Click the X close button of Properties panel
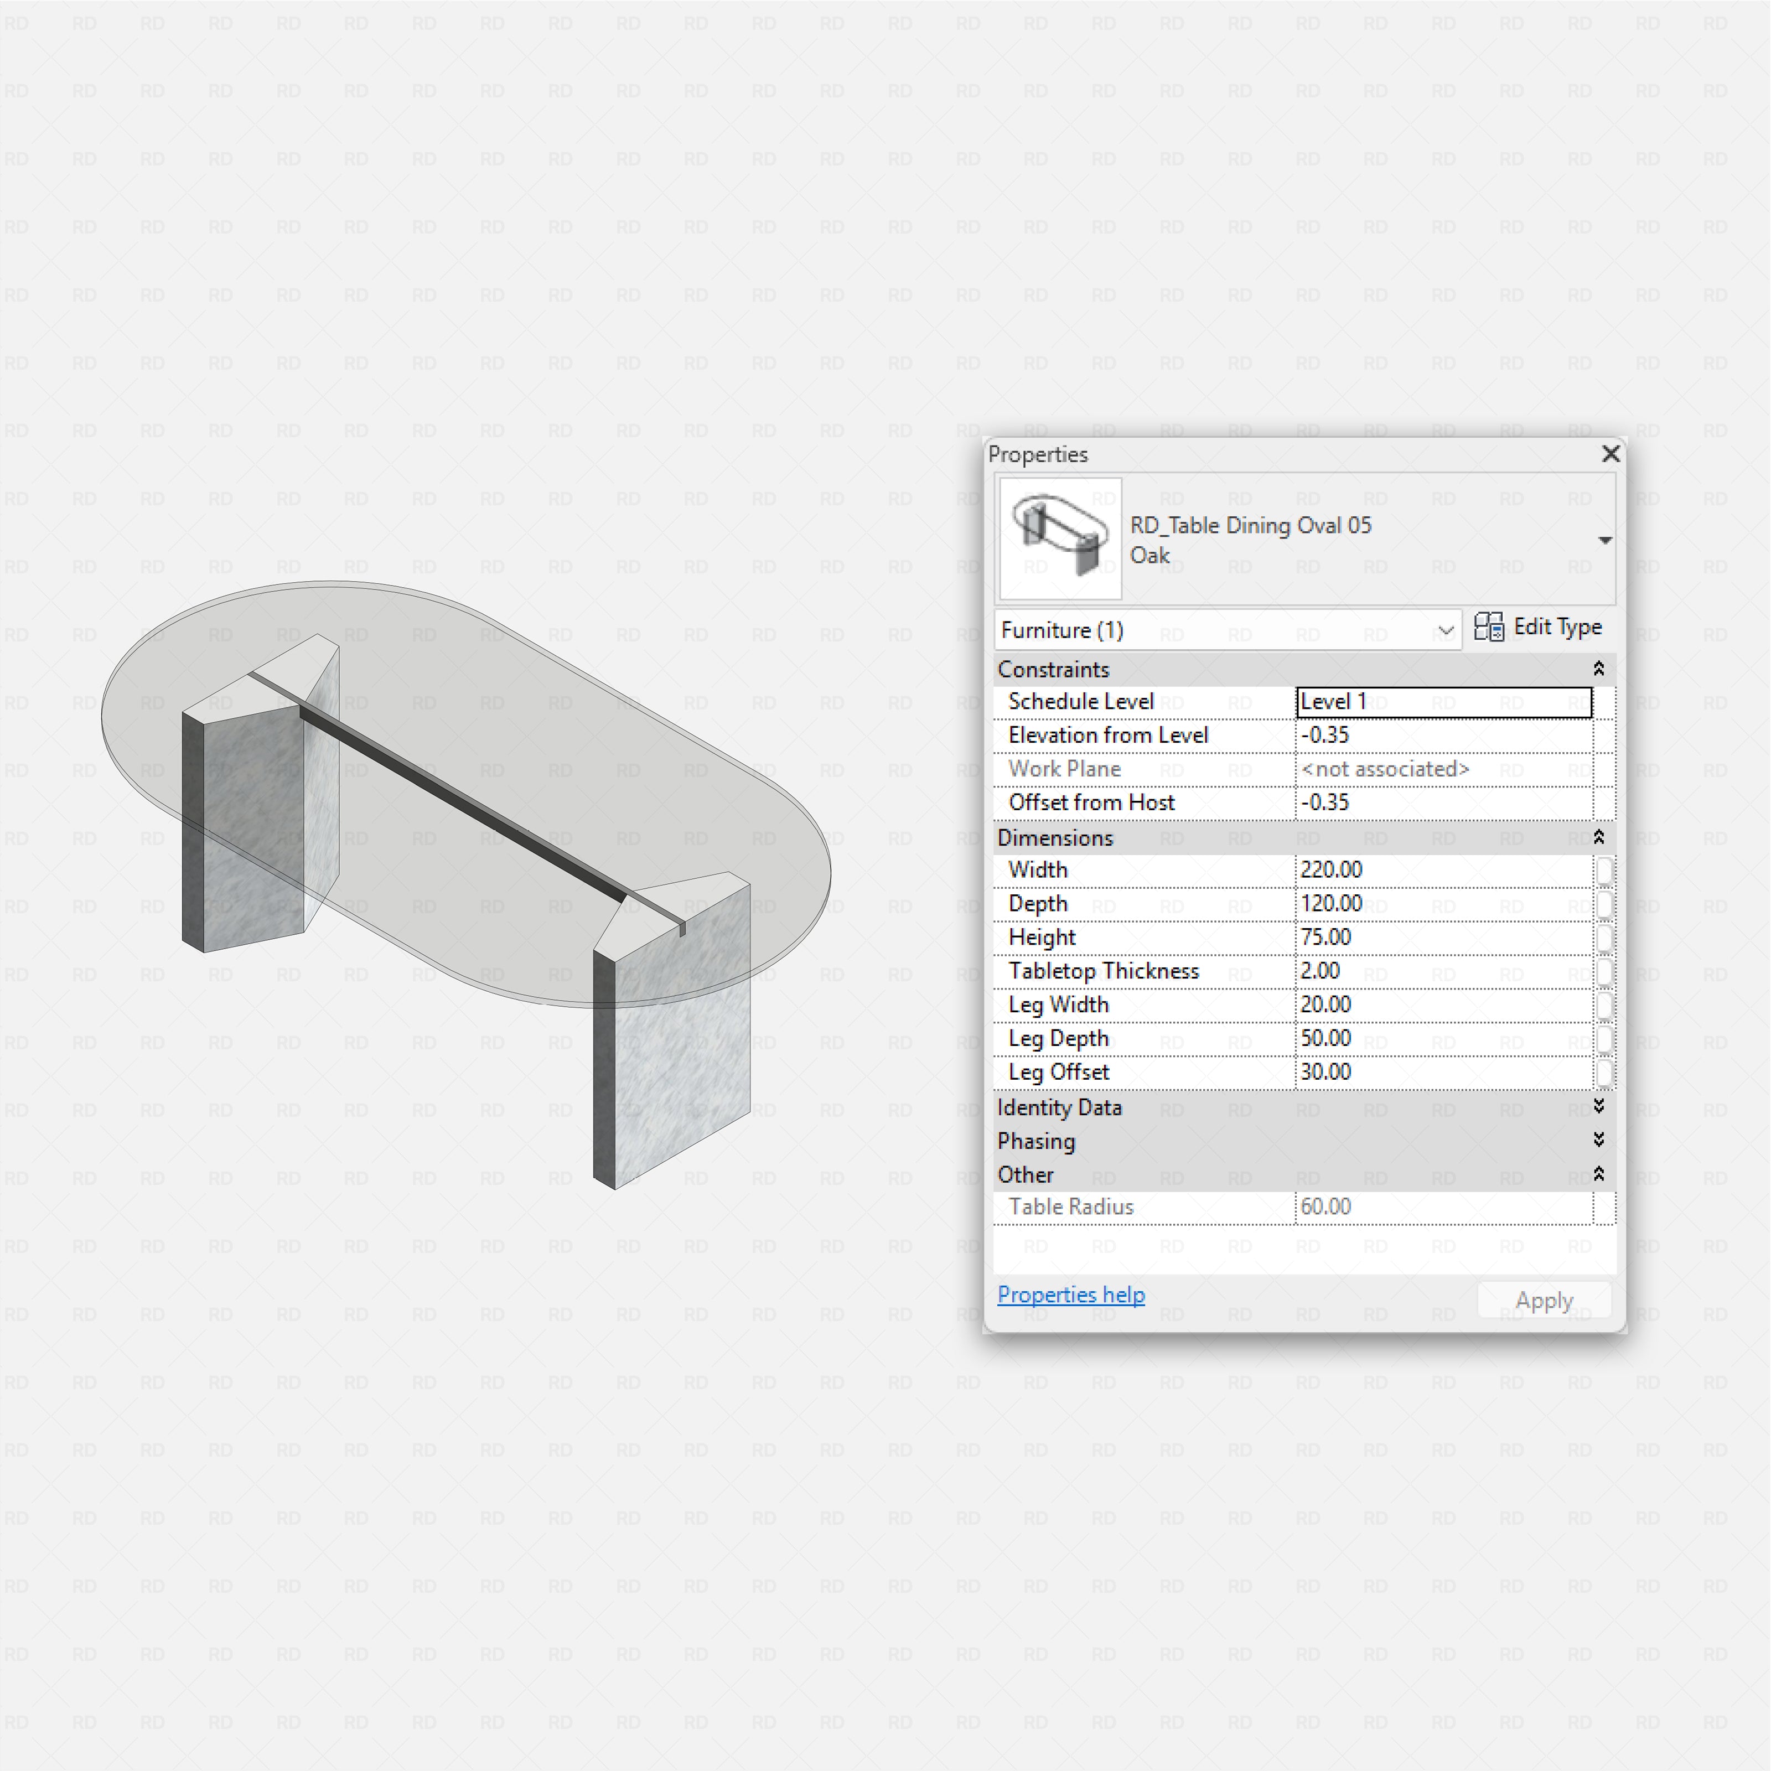pos(1609,454)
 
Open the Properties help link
pos(1071,1294)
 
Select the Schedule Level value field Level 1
pos(1444,702)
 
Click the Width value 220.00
pos(1331,870)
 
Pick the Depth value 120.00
pos(1331,904)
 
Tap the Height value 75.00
pos(1325,937)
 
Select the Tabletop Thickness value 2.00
pos(1320,971)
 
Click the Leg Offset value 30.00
pos(1325,1071)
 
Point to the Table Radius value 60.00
pos(1325,1206)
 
